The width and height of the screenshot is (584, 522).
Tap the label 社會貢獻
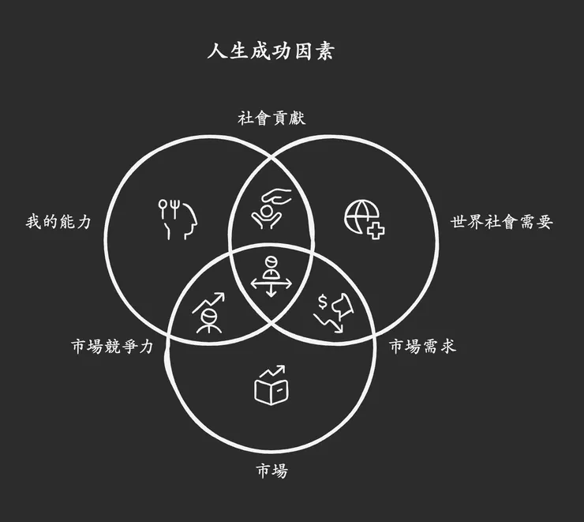pyautogui.click(x=271, y=118)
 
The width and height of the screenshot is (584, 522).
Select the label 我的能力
pyautogui.click(x=58, y=222)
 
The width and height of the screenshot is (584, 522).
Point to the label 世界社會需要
pyautogui.click(x=501, y=222)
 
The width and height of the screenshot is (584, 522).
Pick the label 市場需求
pyautogui.click(x=422, y=347)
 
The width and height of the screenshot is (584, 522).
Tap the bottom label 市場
pyautogui.click(x=271, y=472)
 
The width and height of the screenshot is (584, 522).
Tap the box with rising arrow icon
pyautogui.click(x=270, y=385)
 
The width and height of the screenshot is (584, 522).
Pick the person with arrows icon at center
pyautogui.click(x=271, y=276)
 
